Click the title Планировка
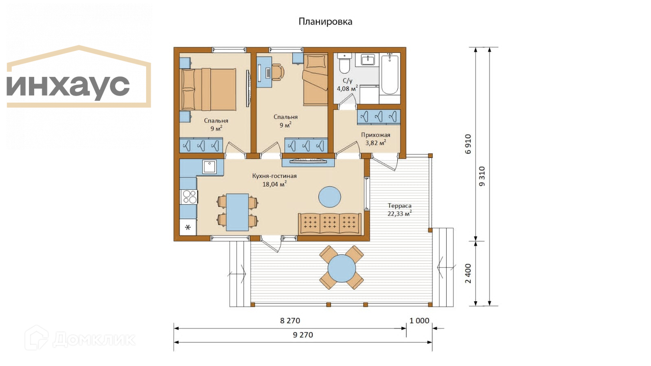(325, 22)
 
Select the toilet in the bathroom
(344, 63)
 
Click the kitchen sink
(209, 167)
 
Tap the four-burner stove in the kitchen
(189, 197)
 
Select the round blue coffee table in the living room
(329, 197)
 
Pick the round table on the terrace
(342, 268)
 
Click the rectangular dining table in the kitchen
(237, 212)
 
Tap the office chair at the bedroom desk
(278, 72)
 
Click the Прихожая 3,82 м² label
(375, 139)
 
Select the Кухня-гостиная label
(274, 176)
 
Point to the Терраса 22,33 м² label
(400, 210)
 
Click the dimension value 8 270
(290, 321)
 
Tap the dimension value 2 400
(468, 273)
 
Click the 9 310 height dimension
(482, 176)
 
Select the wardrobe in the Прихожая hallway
(379, 116)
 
